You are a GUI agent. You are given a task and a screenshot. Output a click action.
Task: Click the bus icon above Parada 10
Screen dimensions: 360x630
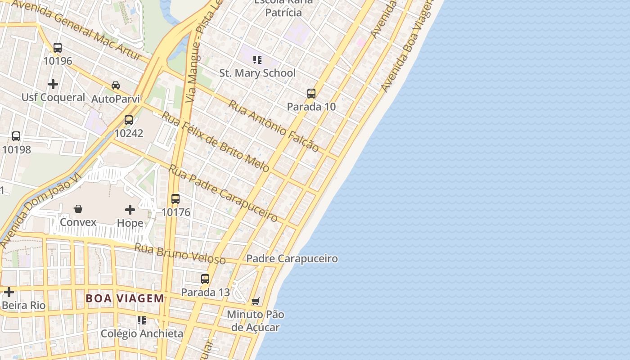coord(311,94)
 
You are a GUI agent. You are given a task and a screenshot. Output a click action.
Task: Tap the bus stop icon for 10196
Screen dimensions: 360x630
coord(58,47)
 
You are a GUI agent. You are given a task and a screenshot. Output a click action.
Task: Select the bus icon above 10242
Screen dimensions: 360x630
coord(129,120)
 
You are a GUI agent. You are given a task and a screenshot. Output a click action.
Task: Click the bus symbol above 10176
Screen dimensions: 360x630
coord(175,199)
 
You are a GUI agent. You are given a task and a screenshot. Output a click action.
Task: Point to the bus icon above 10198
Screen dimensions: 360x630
coord(16,136)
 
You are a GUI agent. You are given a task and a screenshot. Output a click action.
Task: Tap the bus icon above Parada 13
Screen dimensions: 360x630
coord(205,279)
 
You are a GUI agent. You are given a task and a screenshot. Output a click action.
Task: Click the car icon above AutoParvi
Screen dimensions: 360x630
coord(116,85)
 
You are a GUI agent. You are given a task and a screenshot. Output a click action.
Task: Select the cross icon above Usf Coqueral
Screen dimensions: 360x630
coord(53,84)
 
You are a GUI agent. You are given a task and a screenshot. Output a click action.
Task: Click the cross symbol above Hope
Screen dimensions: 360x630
coord(130,209)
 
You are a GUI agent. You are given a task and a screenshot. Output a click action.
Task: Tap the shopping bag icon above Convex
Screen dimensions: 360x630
coord(78,209)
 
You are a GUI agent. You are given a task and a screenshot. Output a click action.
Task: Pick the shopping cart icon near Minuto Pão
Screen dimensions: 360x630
coord(256,301)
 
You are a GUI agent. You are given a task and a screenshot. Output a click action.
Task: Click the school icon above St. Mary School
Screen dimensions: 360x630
coord(257,59)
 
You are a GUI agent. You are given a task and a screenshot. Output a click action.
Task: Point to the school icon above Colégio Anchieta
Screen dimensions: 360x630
coord(142,320)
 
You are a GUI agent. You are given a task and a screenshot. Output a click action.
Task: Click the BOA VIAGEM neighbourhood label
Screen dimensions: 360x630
coord(125,298)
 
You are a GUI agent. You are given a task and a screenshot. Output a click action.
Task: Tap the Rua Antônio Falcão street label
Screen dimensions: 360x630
coord(274,126)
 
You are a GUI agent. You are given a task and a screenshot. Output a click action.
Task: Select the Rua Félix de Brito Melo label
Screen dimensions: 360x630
coord(216,142)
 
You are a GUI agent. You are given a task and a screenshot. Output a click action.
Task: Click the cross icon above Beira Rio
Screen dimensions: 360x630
coord(9,292)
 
